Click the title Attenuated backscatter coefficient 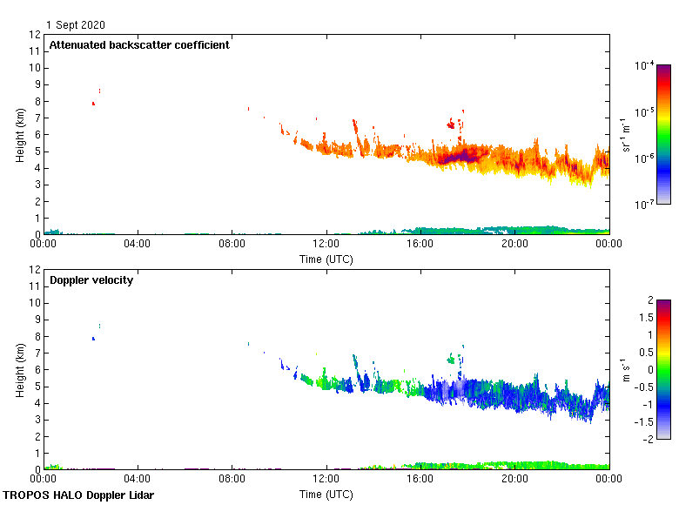click(x=139, y=45)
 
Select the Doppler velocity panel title click(x=91, y=280)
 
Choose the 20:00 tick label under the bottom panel click(x=514, y=479)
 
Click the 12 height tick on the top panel click(x=35, y=35)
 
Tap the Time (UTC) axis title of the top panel click(x=326, y=259)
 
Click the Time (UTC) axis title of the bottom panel click(x=326, y=494)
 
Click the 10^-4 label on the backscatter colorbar click(x=644, y=65)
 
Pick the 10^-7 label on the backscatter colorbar click(x=644, y=204)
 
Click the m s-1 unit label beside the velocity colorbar click(x=625, y=370)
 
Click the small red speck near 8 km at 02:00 click(x=93, y=104)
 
